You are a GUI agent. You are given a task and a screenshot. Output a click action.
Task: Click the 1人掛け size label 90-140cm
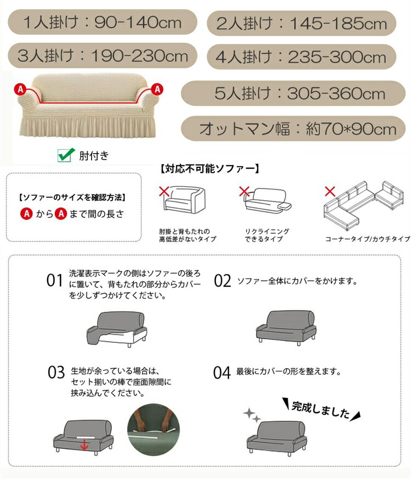coord(102,22)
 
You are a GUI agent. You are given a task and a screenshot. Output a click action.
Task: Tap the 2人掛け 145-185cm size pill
coord(301,23)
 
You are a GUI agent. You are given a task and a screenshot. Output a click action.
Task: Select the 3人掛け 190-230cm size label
coord(102,55)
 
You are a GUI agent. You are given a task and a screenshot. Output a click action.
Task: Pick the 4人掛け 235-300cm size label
coord(301,57)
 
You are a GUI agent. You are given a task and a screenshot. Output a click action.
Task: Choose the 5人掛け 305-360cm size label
coord(293,93)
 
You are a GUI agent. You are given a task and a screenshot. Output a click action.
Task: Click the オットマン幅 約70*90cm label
coord(293,128)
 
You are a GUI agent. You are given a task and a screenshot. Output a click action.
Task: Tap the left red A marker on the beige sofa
coord(20,89)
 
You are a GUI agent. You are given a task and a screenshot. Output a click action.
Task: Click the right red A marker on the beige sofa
coord(157,89)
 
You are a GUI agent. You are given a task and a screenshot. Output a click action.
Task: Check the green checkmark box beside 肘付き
coord(66,155)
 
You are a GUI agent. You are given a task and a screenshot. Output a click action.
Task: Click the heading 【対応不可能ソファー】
coord(210,168)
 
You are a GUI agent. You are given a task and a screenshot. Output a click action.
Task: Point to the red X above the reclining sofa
coord(244,191)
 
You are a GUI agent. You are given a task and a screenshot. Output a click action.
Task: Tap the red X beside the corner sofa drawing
coord(330,191)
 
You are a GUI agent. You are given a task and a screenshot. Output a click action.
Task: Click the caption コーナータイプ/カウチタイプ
coord(368,239)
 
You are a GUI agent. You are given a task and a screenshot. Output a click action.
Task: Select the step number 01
coord(55,280)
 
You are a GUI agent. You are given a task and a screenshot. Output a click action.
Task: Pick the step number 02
coord(222,281)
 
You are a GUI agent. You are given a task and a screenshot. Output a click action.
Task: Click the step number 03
coord(56,373)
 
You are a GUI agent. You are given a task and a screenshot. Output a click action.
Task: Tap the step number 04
coord(222,373)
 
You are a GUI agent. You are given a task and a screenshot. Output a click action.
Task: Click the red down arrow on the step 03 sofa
coord(84,445)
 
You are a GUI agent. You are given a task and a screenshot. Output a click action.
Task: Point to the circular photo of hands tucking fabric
coord(153,430)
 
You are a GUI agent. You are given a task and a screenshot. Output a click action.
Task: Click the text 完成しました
coord(321,410)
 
